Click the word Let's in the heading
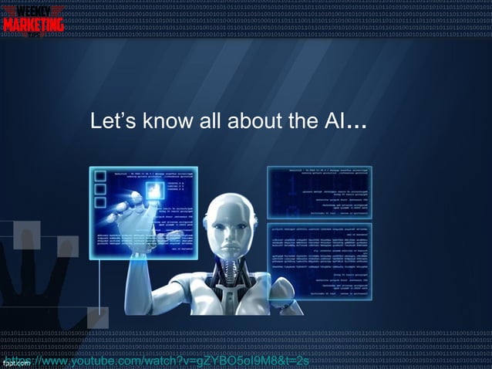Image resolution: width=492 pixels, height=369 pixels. tap(110, 122)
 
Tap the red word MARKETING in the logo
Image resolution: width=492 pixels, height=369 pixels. tap(33, 25)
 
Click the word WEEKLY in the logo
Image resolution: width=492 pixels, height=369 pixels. tap(33, 10)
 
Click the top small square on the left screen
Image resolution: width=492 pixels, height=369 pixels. tap(99, 176)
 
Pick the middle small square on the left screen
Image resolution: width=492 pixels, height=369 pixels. tap(99, 189)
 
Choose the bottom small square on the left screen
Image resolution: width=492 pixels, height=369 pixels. tap(99, 202)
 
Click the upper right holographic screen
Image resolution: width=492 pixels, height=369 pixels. tap(319, 191)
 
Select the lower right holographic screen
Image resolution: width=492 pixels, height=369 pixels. tap(319, 262)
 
